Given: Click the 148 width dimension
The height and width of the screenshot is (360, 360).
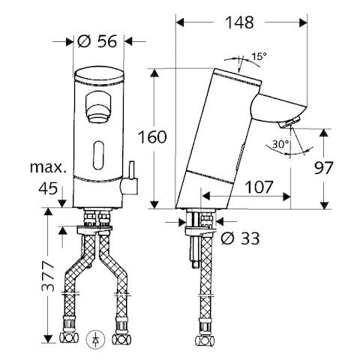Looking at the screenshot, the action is pos(239,22).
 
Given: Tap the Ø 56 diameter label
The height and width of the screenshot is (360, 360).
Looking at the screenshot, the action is pos(97,41).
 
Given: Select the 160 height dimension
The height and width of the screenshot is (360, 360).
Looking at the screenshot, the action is pos(152,137).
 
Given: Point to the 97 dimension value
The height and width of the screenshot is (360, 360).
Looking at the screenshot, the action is pos(324,168).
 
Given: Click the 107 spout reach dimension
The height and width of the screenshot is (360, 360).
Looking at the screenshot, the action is pos(259,187).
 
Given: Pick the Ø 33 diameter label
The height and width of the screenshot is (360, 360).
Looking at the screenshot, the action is pos(240,238).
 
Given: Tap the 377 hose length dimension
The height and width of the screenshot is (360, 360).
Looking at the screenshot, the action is pos(48,277).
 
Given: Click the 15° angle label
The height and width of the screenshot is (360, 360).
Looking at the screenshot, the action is pos(259,56).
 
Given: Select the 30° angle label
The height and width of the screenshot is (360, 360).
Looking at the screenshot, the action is pos(280,144).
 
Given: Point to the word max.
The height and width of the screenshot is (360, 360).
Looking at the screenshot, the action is pos(48,167).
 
